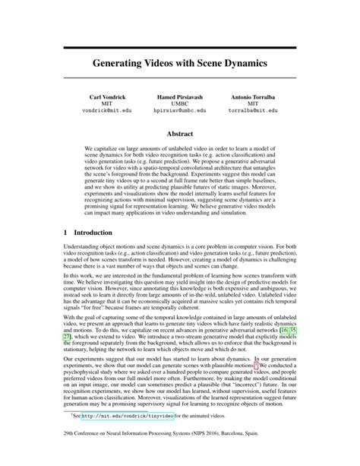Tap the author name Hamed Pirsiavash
point(180,98)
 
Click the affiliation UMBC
point(180,104)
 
